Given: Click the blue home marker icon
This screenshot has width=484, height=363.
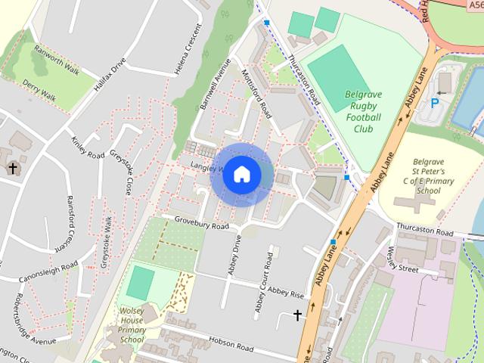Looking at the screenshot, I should click(241, 174).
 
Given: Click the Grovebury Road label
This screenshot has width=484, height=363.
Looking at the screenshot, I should click(201, 223).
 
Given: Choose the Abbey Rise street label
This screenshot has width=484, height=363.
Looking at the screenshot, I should click(285, 291).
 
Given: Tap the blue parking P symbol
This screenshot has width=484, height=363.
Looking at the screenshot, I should click(434, 104).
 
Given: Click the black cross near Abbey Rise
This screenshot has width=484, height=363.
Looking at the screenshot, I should click(296, 315).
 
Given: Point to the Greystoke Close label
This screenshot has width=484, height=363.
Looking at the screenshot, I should click(122, 170).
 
